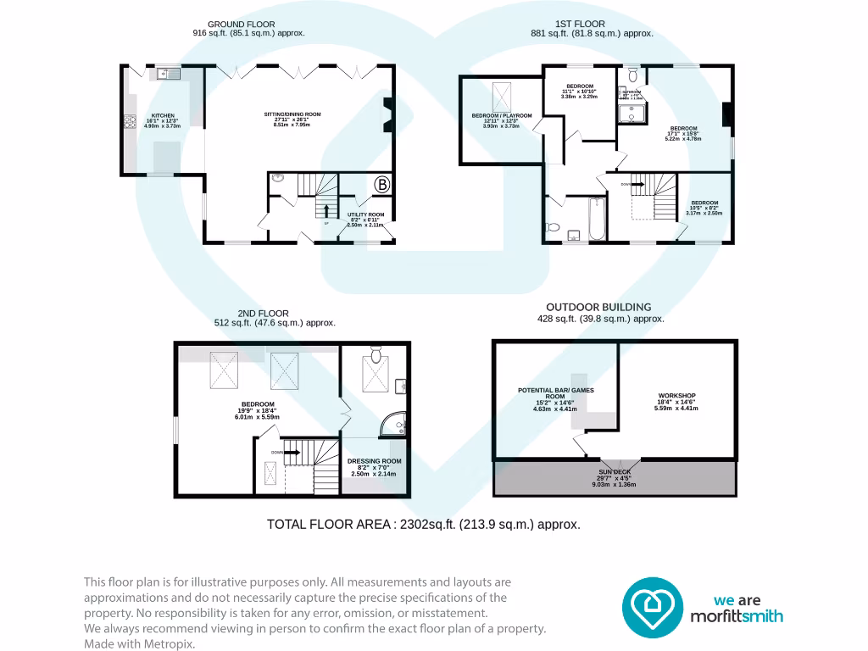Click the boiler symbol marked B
coord(381,185)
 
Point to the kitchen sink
coord(164,75)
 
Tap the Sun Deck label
coord(615,477)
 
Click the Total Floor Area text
coord(424,525)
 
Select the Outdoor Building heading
coord(598,307)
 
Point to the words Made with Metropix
coord(139,643)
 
